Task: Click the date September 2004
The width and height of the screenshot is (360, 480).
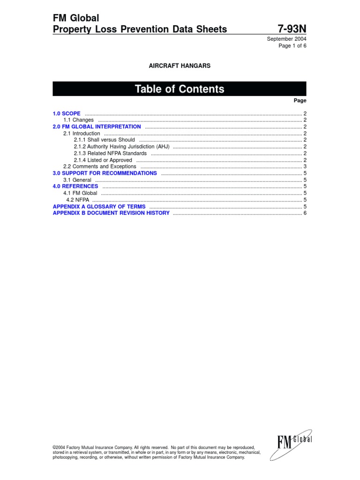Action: click(286, 39)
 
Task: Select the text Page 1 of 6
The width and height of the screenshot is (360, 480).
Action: click(292, 45)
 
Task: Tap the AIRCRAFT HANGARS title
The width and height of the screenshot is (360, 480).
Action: click(180, 66)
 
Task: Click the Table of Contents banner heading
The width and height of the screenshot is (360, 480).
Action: click(180, 89)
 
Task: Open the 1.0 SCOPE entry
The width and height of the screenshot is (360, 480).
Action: click(67, 113)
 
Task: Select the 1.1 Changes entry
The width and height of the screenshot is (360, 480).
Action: click(78, 120)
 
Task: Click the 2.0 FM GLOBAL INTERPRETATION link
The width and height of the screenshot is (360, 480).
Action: click(97, 127)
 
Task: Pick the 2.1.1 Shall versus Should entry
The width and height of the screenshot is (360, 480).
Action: click(104, 140)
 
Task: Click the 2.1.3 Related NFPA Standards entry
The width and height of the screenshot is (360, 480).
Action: click(110, 153)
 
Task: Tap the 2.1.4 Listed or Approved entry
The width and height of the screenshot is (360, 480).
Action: click(103, 160)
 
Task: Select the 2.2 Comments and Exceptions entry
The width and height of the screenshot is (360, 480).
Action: click(100, 166)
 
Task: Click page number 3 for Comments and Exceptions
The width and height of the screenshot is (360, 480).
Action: click(305, 166)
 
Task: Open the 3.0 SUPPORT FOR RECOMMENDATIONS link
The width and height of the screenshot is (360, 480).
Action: click(105, 173)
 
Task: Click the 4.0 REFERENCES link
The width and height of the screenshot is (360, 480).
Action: click(75, 186)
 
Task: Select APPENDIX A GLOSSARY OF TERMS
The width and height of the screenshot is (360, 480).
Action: click(99, 206)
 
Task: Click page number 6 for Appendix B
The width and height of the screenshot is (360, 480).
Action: click(305, 213)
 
